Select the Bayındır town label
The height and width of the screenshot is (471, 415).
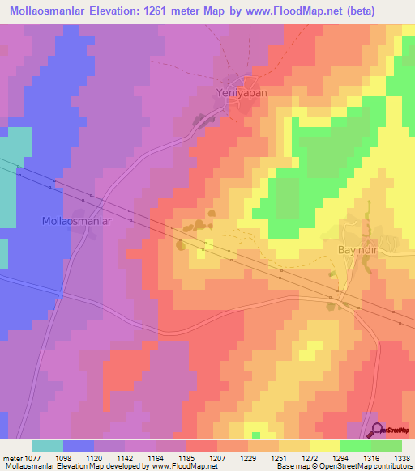[x=353, y=250]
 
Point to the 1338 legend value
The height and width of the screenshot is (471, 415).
[x=403, y=457]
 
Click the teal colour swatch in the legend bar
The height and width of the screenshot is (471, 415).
[x=48, y=446]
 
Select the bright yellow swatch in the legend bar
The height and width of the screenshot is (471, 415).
[x=324, y=446]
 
